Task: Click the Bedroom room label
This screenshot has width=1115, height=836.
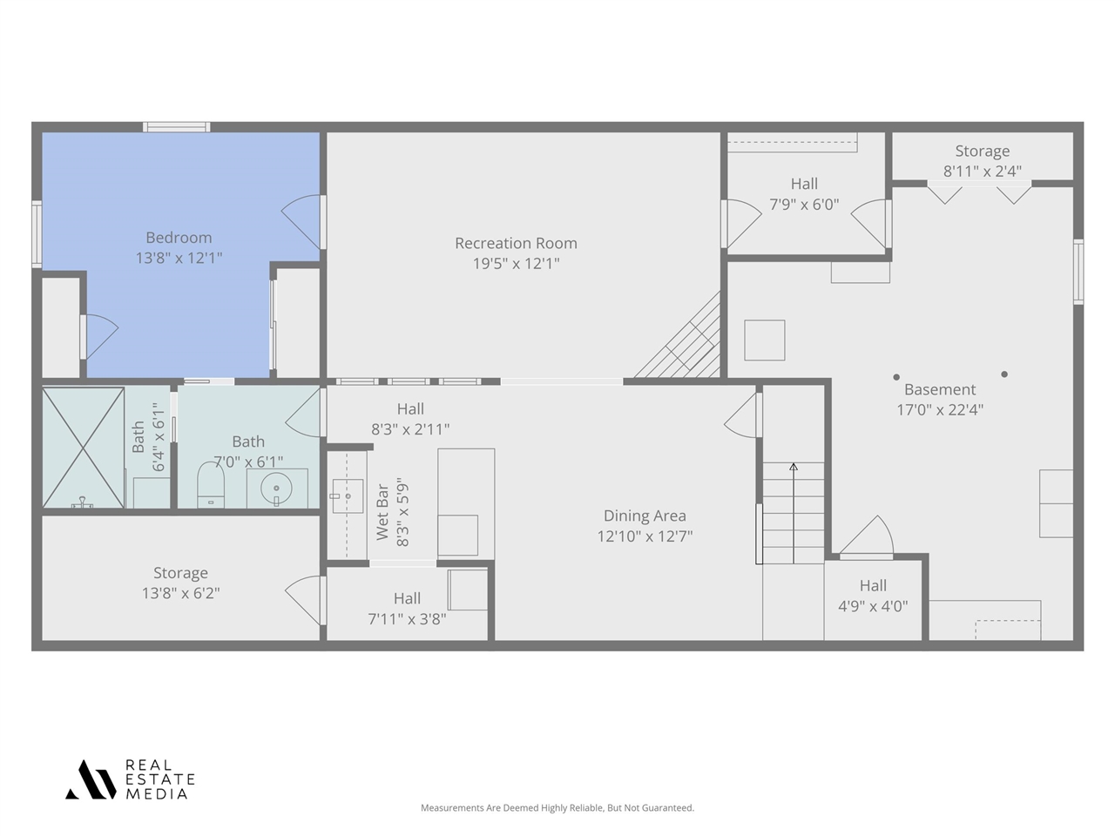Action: point(179,238)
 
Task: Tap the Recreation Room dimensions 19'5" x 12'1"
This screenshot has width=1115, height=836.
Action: point(516,264)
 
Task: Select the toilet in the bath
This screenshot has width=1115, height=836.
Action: point(211,484)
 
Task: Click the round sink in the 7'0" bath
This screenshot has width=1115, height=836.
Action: point(276,489)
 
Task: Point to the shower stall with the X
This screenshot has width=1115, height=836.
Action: point(84,448)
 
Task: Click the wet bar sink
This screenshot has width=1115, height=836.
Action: point(348,496)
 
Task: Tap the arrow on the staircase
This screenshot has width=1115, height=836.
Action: point(794,513)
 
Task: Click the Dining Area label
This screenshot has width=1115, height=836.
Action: point(645,516)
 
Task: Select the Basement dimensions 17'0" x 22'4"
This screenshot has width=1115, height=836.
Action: point(940,409)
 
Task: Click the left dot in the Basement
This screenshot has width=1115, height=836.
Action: point(896,377)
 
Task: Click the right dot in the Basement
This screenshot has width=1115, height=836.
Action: point(1004,374)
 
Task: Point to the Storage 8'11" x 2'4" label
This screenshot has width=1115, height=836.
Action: point(983,161)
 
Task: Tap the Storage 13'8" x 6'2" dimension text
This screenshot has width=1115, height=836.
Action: point(181,593)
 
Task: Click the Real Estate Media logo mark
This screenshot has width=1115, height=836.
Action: point(91,779)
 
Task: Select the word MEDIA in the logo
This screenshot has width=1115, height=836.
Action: point(157,794)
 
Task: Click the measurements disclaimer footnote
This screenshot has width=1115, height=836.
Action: point(557,807)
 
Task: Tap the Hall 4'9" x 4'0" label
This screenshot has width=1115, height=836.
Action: point(873,596)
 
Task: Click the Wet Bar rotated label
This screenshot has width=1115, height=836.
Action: point(382,512)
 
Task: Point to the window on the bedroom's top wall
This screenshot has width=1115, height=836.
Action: point(176,127)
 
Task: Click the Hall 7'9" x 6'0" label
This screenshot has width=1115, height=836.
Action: point(804,194)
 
